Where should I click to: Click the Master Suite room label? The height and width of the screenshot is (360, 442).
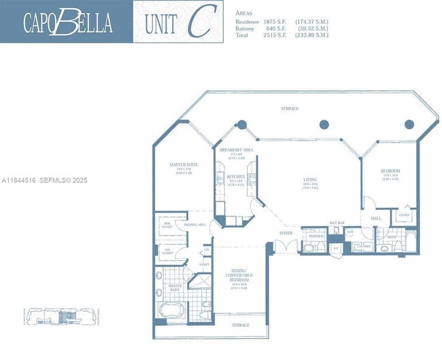point(183,164)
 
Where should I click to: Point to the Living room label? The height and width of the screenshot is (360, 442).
point(311,180)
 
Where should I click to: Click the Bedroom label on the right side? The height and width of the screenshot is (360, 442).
point(390,170)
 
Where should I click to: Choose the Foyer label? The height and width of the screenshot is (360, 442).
point(286,233)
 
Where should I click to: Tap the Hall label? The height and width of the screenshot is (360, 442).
point(377,218)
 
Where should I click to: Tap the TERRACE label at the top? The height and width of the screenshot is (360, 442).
point(289,109)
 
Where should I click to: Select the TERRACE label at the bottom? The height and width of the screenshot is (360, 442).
point(240,325)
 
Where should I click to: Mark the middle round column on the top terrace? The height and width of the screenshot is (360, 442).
point(324,124)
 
